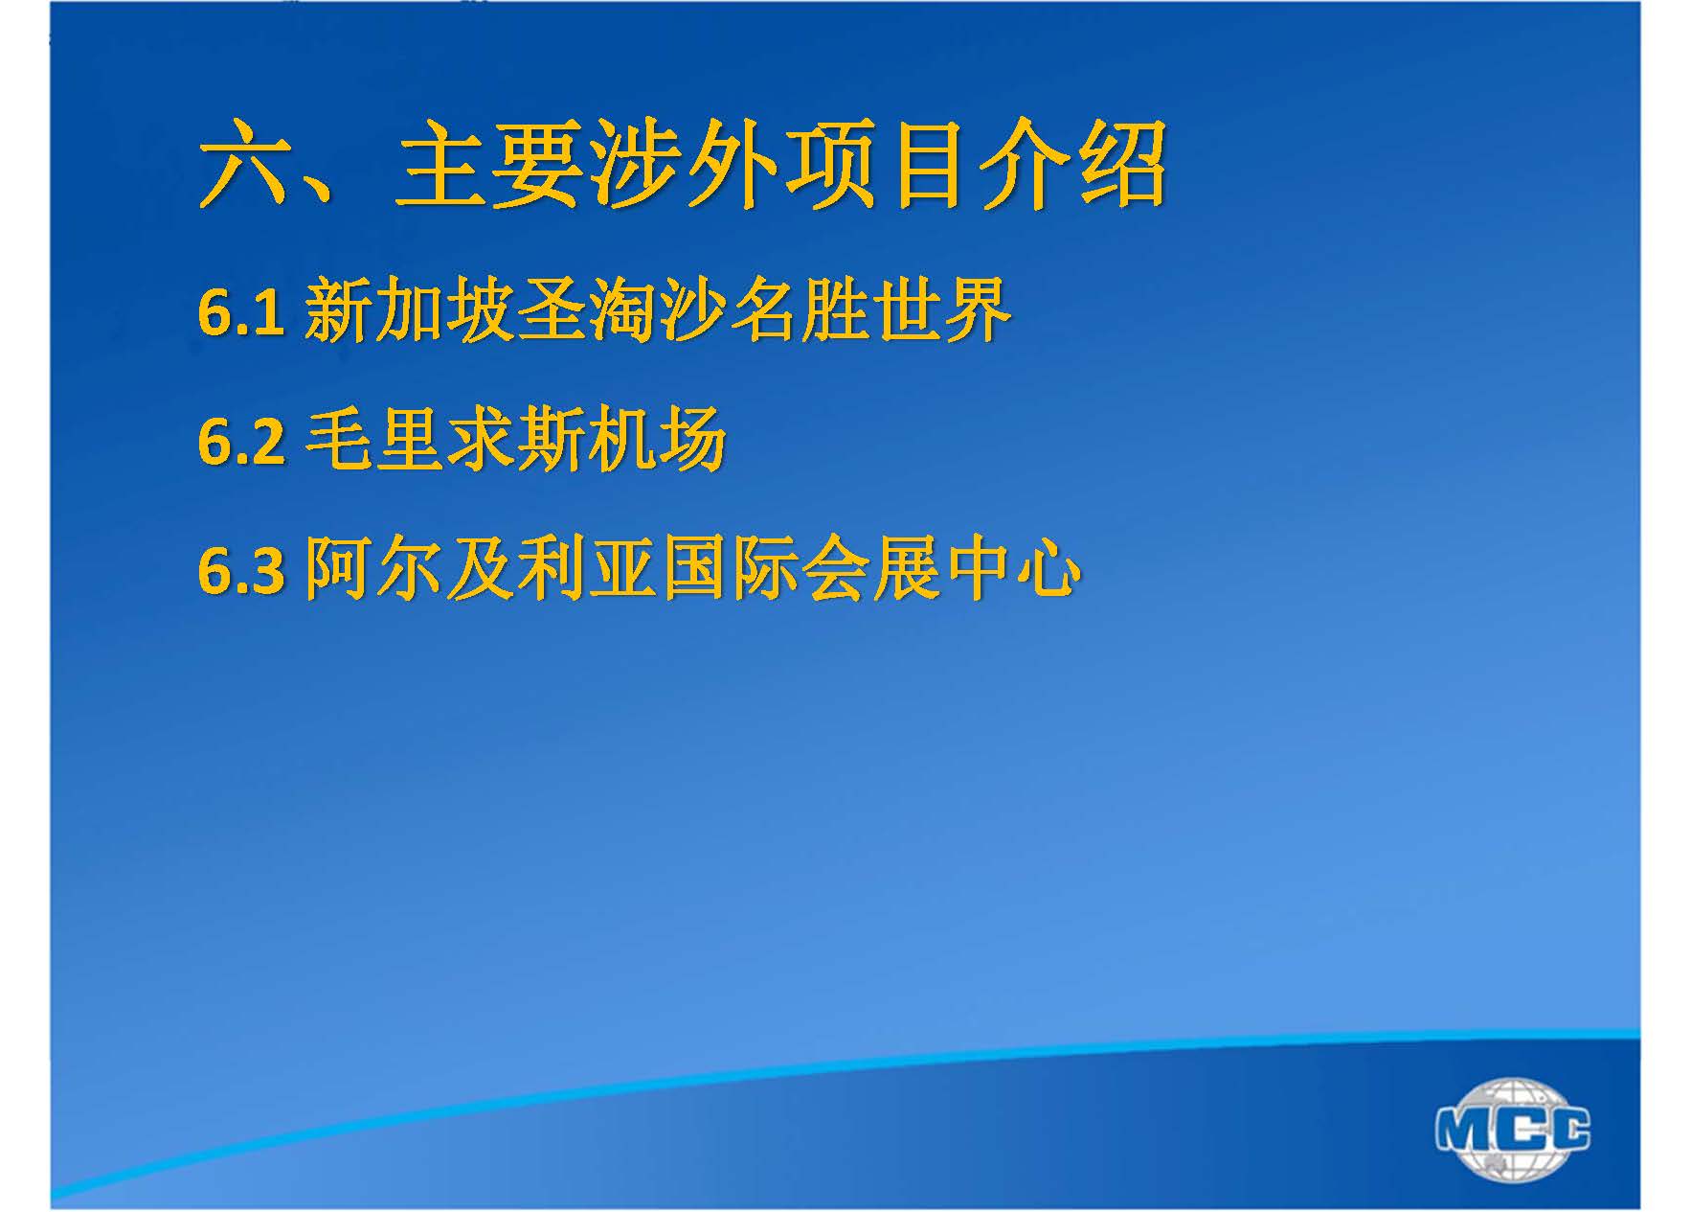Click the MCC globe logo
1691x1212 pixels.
pyautogui.click(x=1513, y=1129)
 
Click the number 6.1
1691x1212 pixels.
pyautogui.click(x=240, y=312)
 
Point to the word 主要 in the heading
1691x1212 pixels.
pyautogui.click(x=490, y=165)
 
